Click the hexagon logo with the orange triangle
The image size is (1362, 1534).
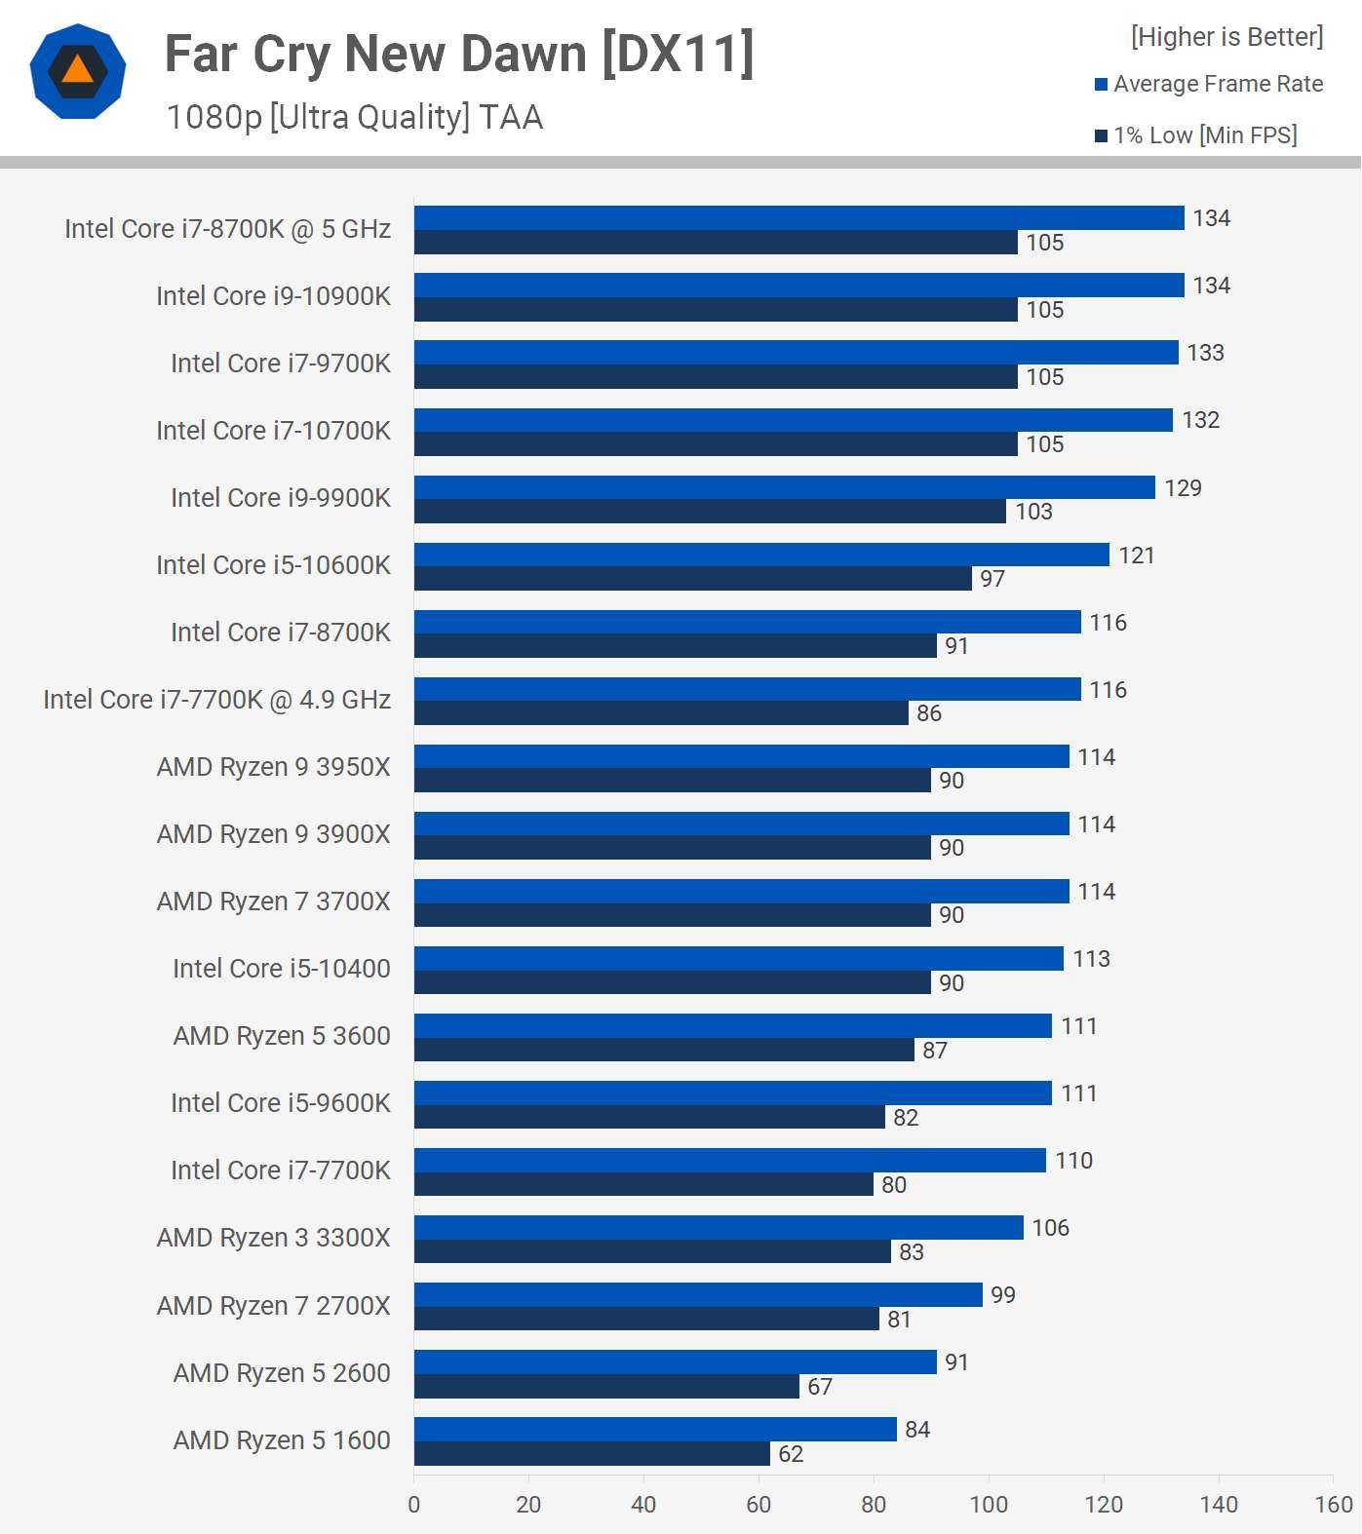tap(78, 71)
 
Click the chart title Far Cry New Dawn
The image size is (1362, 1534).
tap(459, 55)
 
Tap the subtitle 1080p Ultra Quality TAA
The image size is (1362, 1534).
tap(355, 117)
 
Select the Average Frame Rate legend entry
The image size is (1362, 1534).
tap(1209, 84)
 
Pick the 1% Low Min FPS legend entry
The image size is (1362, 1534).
tap(1196, 135)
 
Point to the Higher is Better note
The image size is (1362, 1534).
tap(1226, 37)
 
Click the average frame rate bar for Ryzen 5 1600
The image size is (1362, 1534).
tap(655, 1429)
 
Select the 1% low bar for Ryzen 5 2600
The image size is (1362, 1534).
tap(606, 1386)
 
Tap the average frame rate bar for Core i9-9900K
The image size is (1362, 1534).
tap(784, 487)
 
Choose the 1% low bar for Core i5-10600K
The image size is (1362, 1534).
tap(692, 579)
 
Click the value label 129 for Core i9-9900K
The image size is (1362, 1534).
tap(1183, 488)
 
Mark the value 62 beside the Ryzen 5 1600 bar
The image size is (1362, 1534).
tap(791, 1454)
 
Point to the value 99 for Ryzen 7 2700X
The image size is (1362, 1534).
tap(1003, 1295)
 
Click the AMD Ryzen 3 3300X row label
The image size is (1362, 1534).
tap(273, 1238)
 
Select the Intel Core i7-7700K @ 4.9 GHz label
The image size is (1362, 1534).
tap(216, 700)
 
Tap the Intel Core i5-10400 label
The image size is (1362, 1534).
tap(281, 969)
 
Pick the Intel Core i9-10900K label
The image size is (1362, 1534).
tap(273, 296)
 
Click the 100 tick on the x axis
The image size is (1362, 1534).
tap(989, 1505)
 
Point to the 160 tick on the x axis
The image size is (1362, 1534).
tap(1333, 1505)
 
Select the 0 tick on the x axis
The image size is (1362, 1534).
tap(414, 1505)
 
